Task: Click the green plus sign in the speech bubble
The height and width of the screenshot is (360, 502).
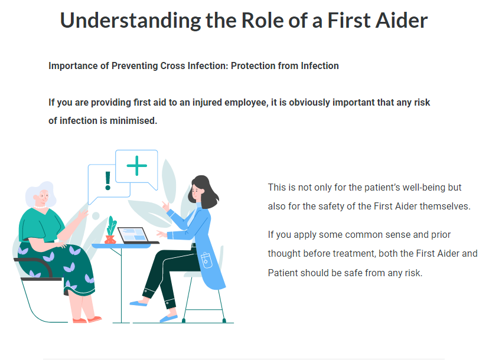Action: (136, 166)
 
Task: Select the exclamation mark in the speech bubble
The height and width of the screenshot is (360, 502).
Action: (108, 181)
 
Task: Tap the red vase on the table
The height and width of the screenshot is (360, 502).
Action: (110, 240)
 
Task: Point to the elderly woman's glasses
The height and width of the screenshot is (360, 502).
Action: (44, 195)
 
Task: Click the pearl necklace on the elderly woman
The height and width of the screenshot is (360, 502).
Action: (41, 207)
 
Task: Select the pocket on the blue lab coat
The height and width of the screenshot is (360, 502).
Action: (206, 260)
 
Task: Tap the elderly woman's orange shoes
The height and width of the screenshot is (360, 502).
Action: (87, 319)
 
